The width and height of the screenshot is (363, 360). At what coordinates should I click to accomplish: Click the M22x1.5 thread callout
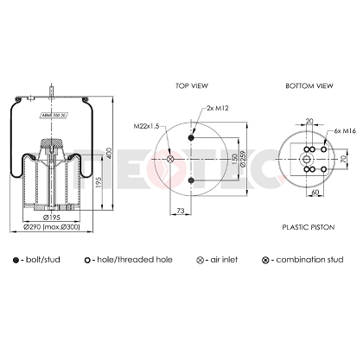click(148, 126)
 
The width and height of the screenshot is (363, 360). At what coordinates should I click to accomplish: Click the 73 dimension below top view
click(180, 210)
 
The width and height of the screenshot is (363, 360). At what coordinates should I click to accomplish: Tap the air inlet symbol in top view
click(170, 158)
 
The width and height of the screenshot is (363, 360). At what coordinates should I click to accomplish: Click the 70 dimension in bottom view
click(341, 160)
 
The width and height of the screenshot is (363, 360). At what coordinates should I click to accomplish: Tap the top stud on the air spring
click(52, 90)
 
